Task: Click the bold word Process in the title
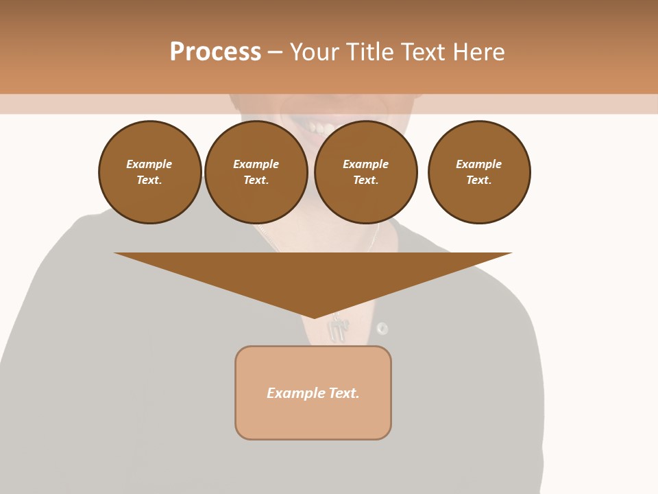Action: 215,52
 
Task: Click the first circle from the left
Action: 149,172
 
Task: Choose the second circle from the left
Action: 256,172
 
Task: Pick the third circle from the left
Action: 365,172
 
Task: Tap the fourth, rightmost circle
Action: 479,172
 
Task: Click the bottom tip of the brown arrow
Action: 315,316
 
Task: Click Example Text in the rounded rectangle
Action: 313,393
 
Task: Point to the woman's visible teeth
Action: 320,128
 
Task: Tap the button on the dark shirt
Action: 382,328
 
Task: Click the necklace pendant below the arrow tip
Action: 337,331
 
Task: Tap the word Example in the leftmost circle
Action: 149,164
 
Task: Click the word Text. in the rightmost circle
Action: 479,180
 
